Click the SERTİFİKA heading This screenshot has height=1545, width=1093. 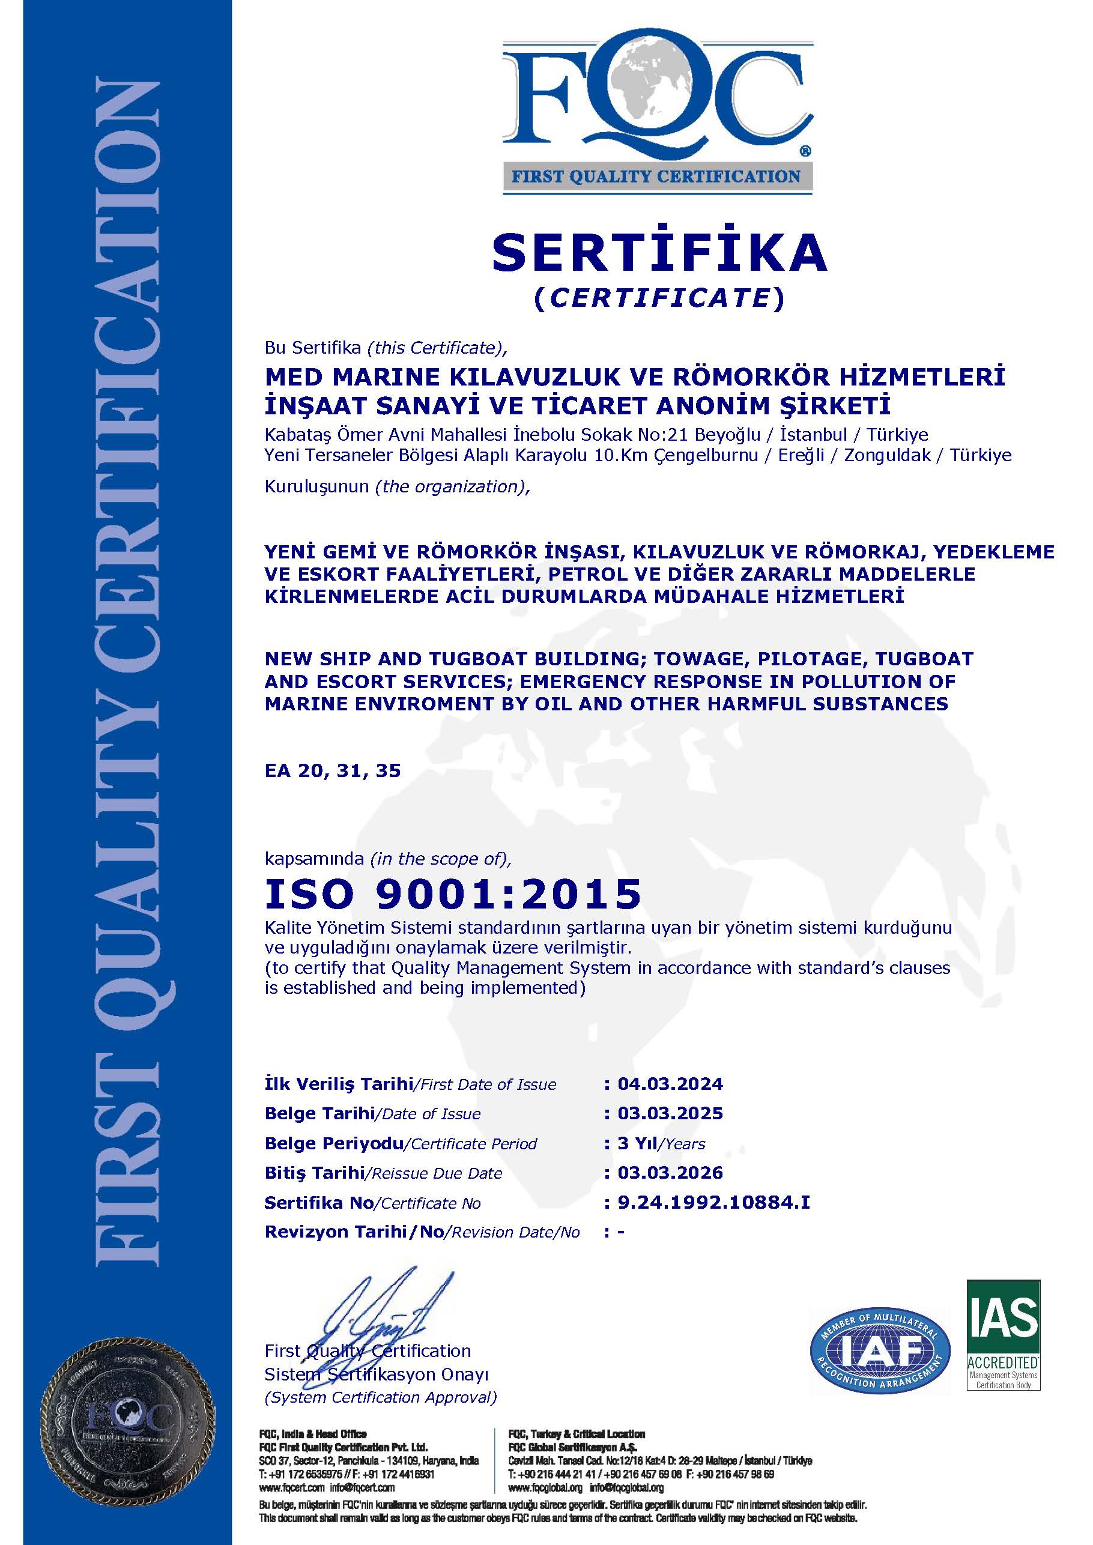659,252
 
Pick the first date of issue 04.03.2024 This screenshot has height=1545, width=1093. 670,1083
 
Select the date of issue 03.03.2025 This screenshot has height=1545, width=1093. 670,1113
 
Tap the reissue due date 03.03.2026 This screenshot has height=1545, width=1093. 670,1173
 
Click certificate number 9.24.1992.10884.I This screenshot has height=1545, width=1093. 713,1203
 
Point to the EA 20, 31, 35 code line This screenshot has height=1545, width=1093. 333,770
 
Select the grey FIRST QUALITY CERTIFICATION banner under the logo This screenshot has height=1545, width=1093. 656,177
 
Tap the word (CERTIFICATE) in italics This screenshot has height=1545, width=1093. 659,298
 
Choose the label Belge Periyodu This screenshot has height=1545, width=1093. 334,1143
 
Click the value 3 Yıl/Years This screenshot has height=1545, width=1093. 661,1143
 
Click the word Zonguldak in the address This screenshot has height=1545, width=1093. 888,455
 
